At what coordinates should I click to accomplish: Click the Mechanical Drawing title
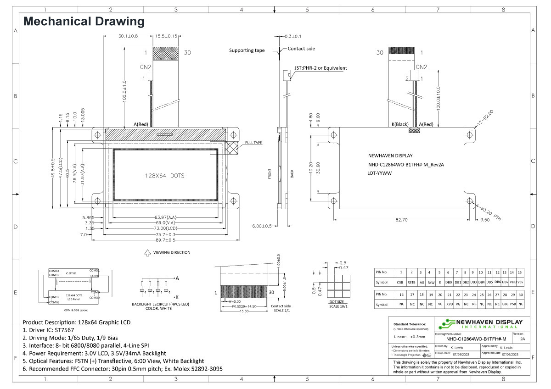point(84,21)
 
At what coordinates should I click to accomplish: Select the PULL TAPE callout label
point(253,143)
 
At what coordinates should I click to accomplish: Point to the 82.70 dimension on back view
point(402,220)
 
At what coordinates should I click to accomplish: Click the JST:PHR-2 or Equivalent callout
point(320,68)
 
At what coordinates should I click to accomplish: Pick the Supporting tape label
point(247,50)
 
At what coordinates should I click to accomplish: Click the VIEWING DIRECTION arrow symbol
point(148,252)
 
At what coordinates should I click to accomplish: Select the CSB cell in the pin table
point(400,283)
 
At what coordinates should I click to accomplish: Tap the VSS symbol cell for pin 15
point(520,283)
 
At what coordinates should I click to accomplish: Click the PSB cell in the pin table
point(512,305)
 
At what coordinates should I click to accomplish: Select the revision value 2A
point(523,339)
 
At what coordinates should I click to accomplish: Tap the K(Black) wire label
point(400,124)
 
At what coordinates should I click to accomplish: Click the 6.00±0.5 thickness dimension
point(262,226)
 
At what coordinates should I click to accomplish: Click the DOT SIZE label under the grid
point(337,302)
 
